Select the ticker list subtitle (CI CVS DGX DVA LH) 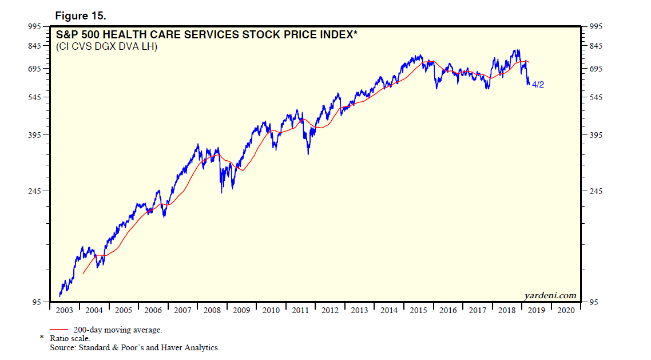coord(106,46)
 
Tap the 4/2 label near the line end coord(538,85)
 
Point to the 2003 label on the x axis coord(64,310)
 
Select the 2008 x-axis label coord(212,310)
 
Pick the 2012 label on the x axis coord(330,310)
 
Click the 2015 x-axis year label coord(419,310)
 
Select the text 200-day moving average coord(118,330)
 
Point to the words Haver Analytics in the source coord(193,347)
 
